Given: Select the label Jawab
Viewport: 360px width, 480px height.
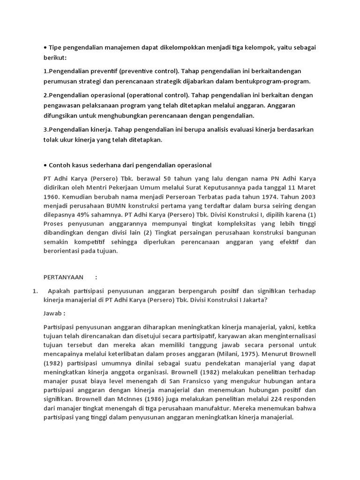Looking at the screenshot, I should point(52,312).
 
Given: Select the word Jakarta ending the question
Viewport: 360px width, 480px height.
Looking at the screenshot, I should point(252,300).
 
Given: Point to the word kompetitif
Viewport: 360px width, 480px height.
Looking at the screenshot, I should point(87,242).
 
